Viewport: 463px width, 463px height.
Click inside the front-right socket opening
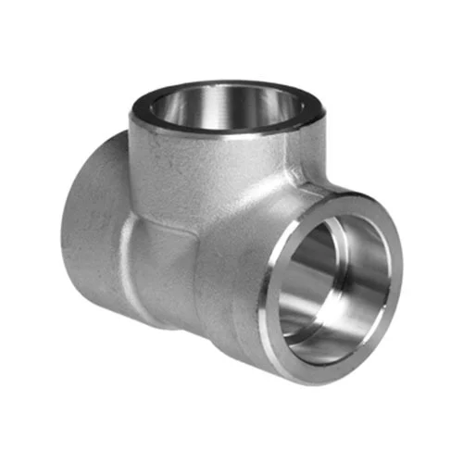click(333, 278)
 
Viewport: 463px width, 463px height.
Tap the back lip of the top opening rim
click(222, 85)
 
